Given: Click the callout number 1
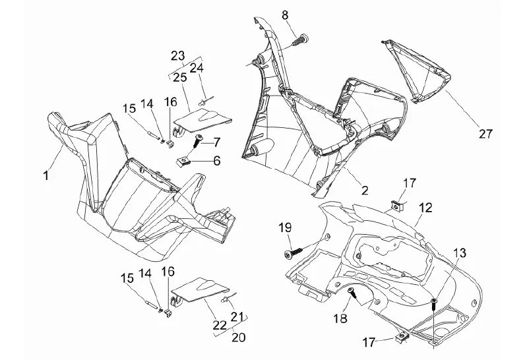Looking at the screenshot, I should coord(46,175).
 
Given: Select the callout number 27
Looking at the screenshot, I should coord(485,133).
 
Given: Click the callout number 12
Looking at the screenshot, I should coord(425,207).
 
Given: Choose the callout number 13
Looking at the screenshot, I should coord(459,253).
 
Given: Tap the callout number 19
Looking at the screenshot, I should coord(284,228).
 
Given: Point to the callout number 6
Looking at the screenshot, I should coord(216,160).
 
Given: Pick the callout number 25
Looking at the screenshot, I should coord(180,77).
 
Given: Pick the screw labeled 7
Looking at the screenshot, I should coord(198,139).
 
